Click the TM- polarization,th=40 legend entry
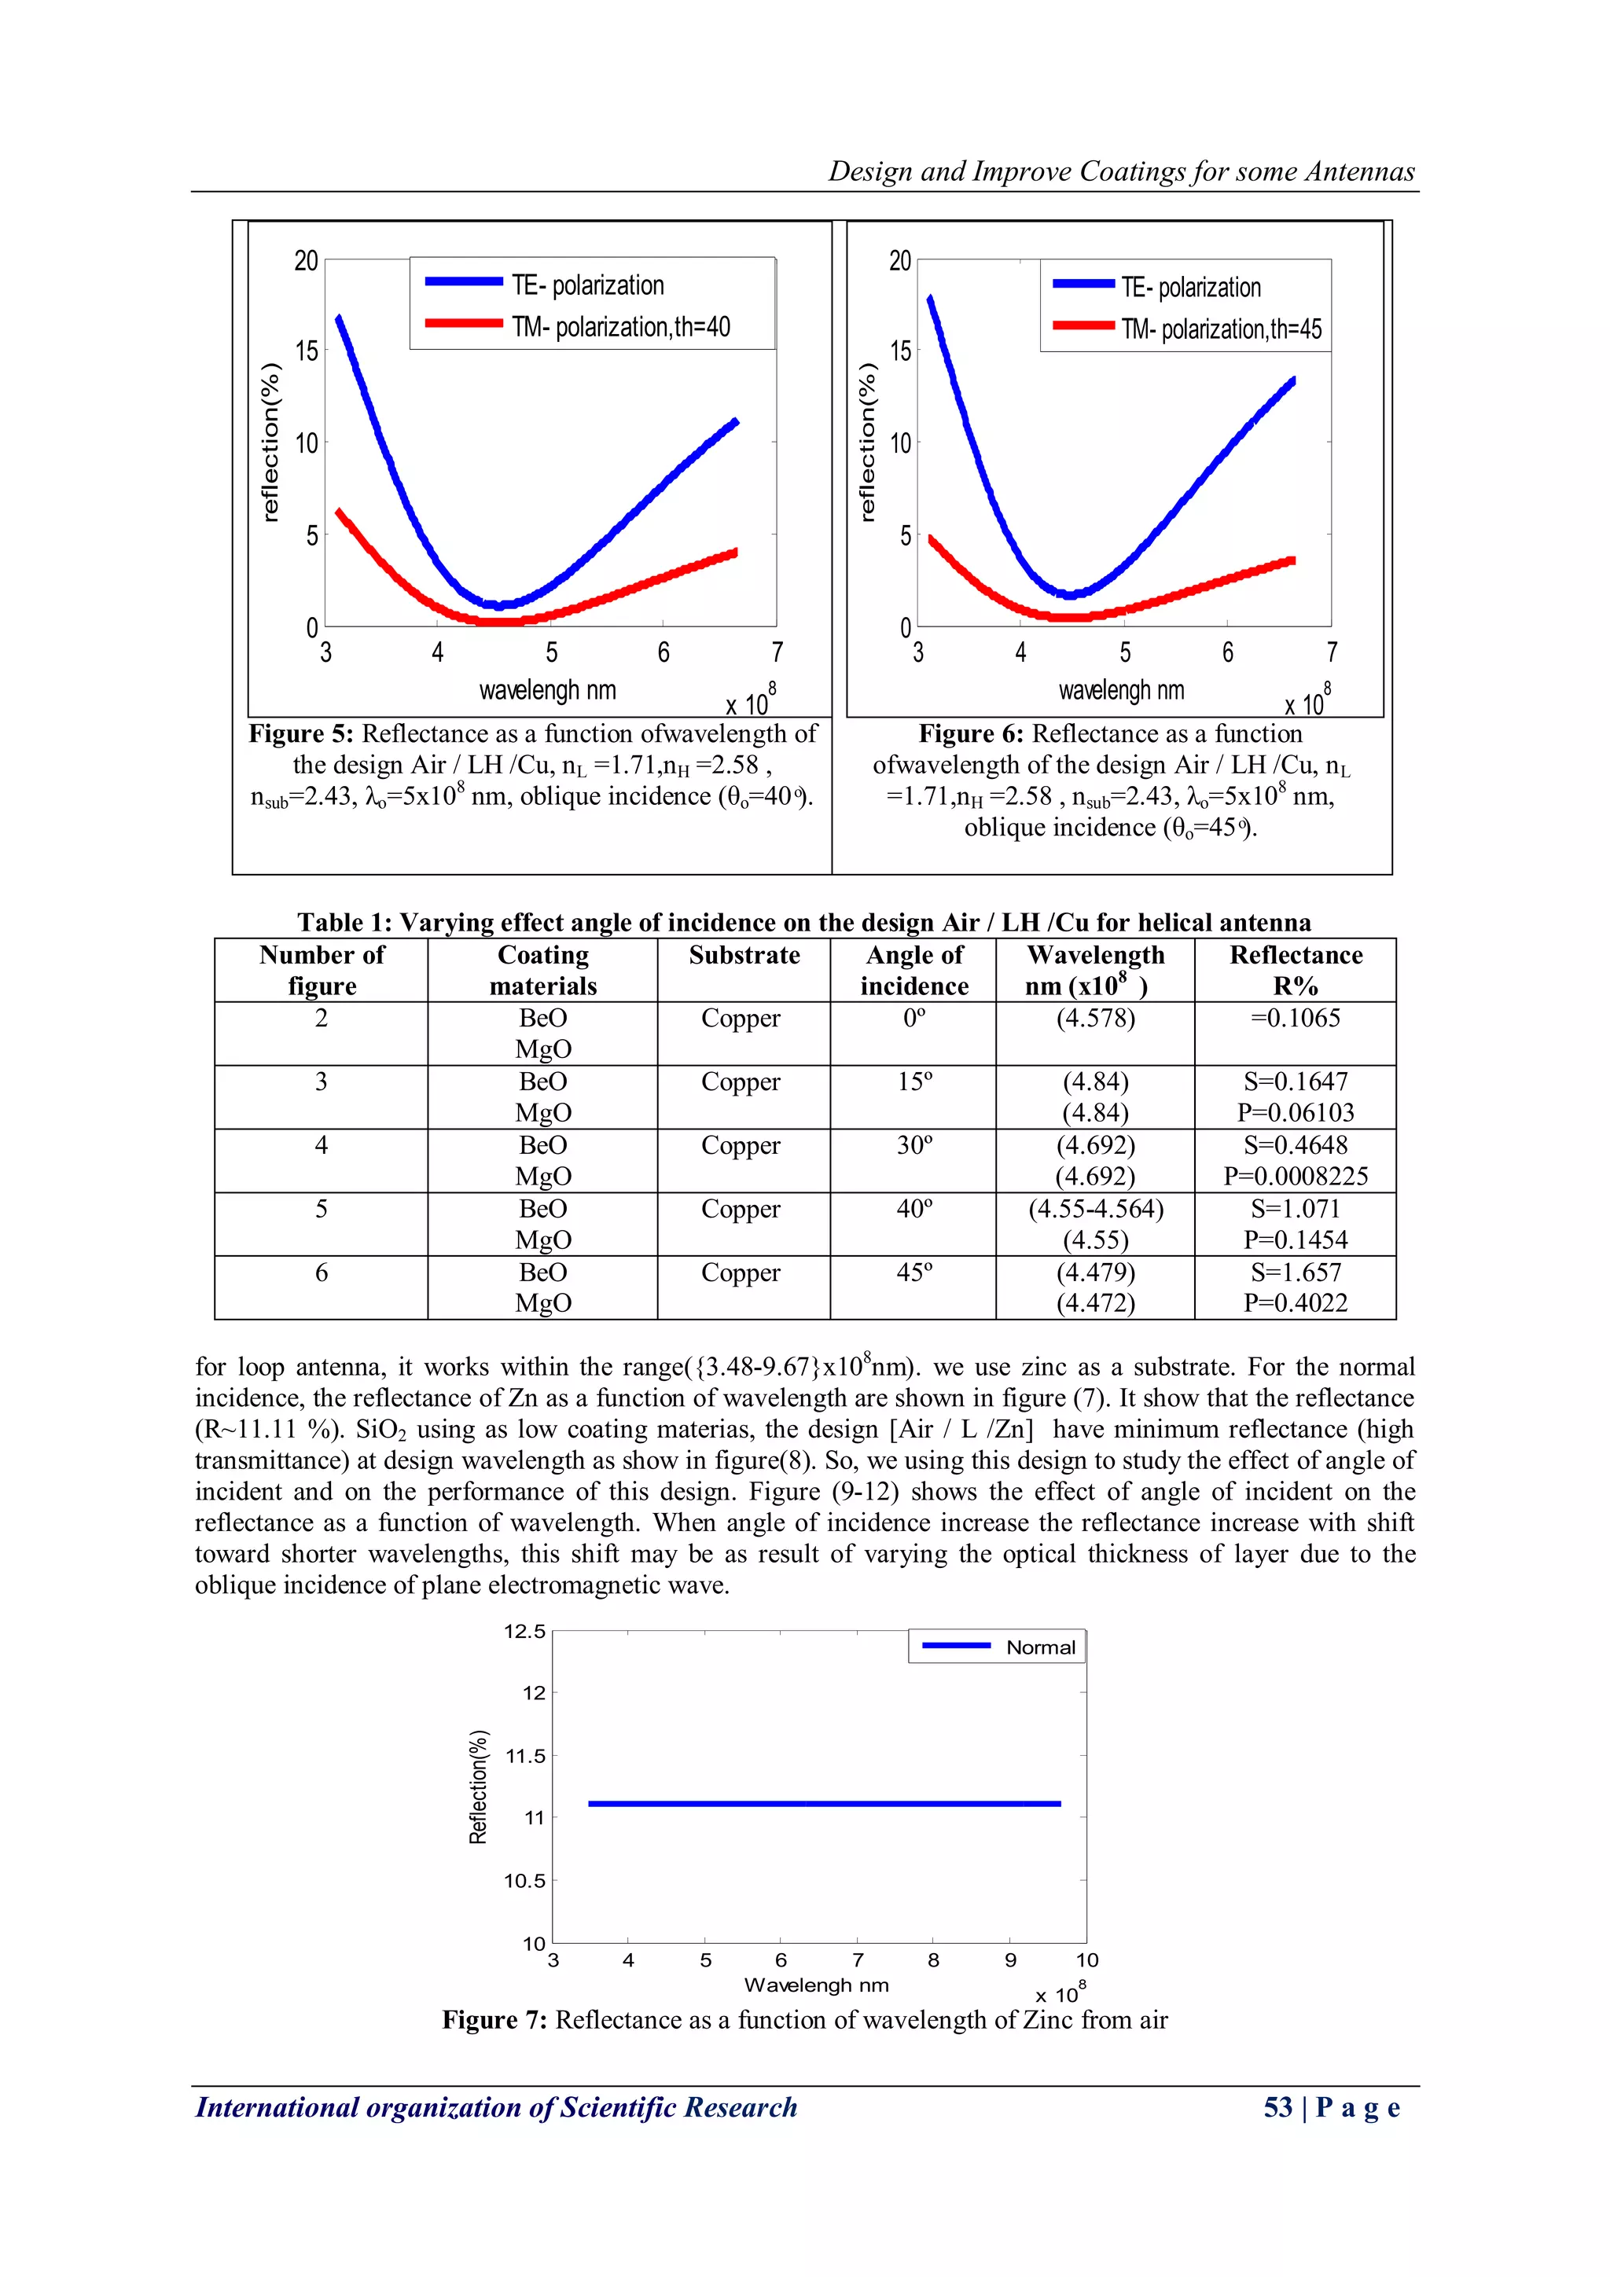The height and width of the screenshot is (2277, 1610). coord(620,326)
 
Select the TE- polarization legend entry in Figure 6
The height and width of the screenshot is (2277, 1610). coord(1190,288)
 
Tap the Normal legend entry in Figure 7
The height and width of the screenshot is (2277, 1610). coord(1039,1647)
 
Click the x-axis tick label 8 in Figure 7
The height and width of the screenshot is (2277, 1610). coord(932,1959)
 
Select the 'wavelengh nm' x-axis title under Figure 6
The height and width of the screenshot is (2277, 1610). coord(1121,690)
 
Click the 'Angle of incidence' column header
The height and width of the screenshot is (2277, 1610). coord(913,970)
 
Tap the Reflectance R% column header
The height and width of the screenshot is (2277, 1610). coord(1296,970)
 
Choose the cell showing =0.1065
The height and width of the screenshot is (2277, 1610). coord(1296,1019)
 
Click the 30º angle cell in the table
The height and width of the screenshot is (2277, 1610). coord(913,1145)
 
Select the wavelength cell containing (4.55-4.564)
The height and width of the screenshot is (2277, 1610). coord(1095,1209)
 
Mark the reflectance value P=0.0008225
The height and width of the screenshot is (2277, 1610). coord(1296,1177)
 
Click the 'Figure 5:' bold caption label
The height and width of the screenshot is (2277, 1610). coord(300,734)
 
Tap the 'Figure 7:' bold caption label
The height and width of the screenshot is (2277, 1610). coord(494,2020)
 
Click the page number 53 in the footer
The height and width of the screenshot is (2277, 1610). coord(1277,2107)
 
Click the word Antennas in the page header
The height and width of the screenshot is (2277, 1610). coord(1359,171)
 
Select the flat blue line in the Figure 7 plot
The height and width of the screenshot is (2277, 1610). coord(823,1804)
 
